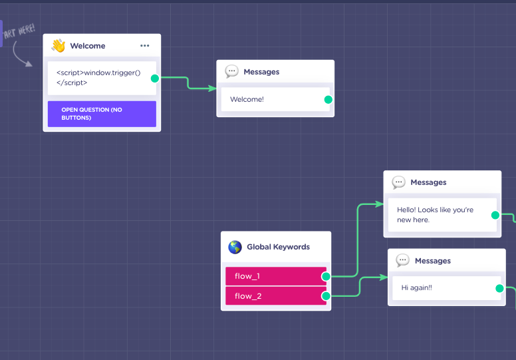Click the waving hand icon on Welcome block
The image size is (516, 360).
(x=59, y=45)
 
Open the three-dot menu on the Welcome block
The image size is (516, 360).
(x=145, y=45)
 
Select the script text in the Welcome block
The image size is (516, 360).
(x=98, y=77)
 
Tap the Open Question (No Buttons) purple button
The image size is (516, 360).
(x=102, y=114)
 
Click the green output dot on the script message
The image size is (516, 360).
(x=155, y=79)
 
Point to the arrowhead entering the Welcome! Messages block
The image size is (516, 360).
(x=213, y=89)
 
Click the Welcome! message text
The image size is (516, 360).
(x=247, y=99)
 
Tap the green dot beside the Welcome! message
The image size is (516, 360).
(x=328, y=99)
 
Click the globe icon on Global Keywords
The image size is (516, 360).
(x=235, y=247)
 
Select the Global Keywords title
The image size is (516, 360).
(x=278, y=247)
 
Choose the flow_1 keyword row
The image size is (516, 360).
(x=276, y=276)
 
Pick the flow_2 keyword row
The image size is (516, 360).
(x=276, y=295)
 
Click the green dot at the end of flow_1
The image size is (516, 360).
(x=326, y=276)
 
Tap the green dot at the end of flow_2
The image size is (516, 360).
(x=326, y=296)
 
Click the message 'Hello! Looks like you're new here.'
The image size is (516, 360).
(x=435, y=215)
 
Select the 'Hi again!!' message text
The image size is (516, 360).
(x=417, y=288)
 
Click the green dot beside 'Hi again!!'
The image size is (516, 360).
(x=499, y=289)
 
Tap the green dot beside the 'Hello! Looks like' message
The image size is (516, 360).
(x=495, y=215)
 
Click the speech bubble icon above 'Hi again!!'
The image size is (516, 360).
(x=403, y=261)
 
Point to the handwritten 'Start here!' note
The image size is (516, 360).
(x=19, y=31)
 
